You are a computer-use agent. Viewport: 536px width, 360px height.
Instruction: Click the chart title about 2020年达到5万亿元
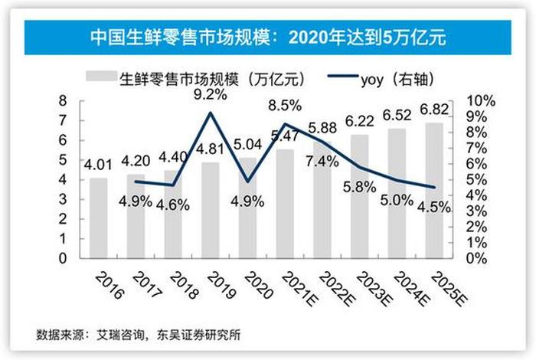[x=268, y=36]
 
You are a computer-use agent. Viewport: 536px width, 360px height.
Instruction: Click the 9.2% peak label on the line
[x=211, y=96]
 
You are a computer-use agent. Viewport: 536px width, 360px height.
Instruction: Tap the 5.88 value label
[x=322, y=127]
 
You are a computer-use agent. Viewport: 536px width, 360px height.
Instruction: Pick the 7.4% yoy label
[x=322, y=162]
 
